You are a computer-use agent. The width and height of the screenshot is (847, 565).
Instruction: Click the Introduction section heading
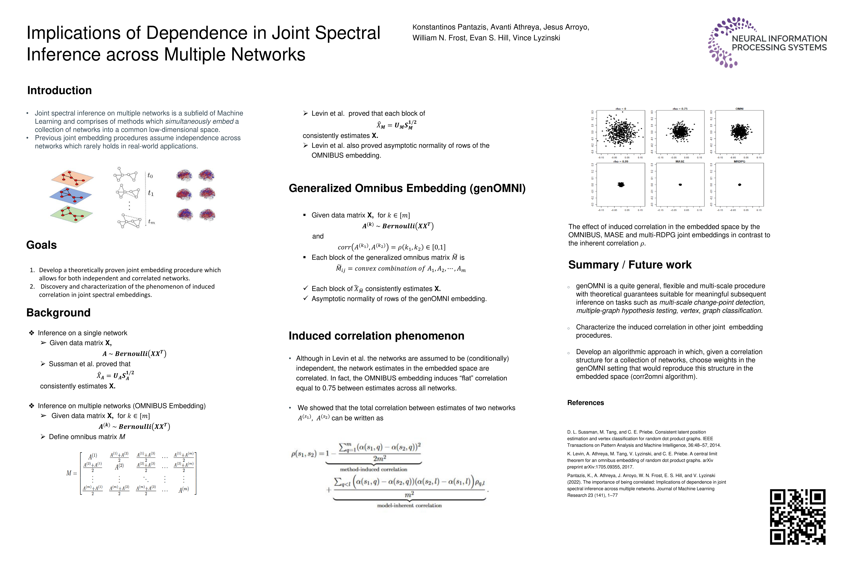59,90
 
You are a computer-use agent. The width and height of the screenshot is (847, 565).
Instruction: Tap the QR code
797,516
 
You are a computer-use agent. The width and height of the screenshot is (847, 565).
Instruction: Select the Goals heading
41,245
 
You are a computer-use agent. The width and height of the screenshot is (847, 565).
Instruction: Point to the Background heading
58,313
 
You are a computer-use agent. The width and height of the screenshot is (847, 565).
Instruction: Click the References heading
586,403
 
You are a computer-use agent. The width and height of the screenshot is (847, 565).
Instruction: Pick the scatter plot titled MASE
680,184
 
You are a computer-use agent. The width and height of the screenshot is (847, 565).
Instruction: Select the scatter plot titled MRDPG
739,184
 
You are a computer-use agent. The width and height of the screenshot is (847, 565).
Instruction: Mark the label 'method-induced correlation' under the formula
374,469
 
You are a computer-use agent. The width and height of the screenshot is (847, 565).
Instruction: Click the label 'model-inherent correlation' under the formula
409,506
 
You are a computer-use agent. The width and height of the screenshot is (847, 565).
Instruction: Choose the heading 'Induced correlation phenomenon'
376,336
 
